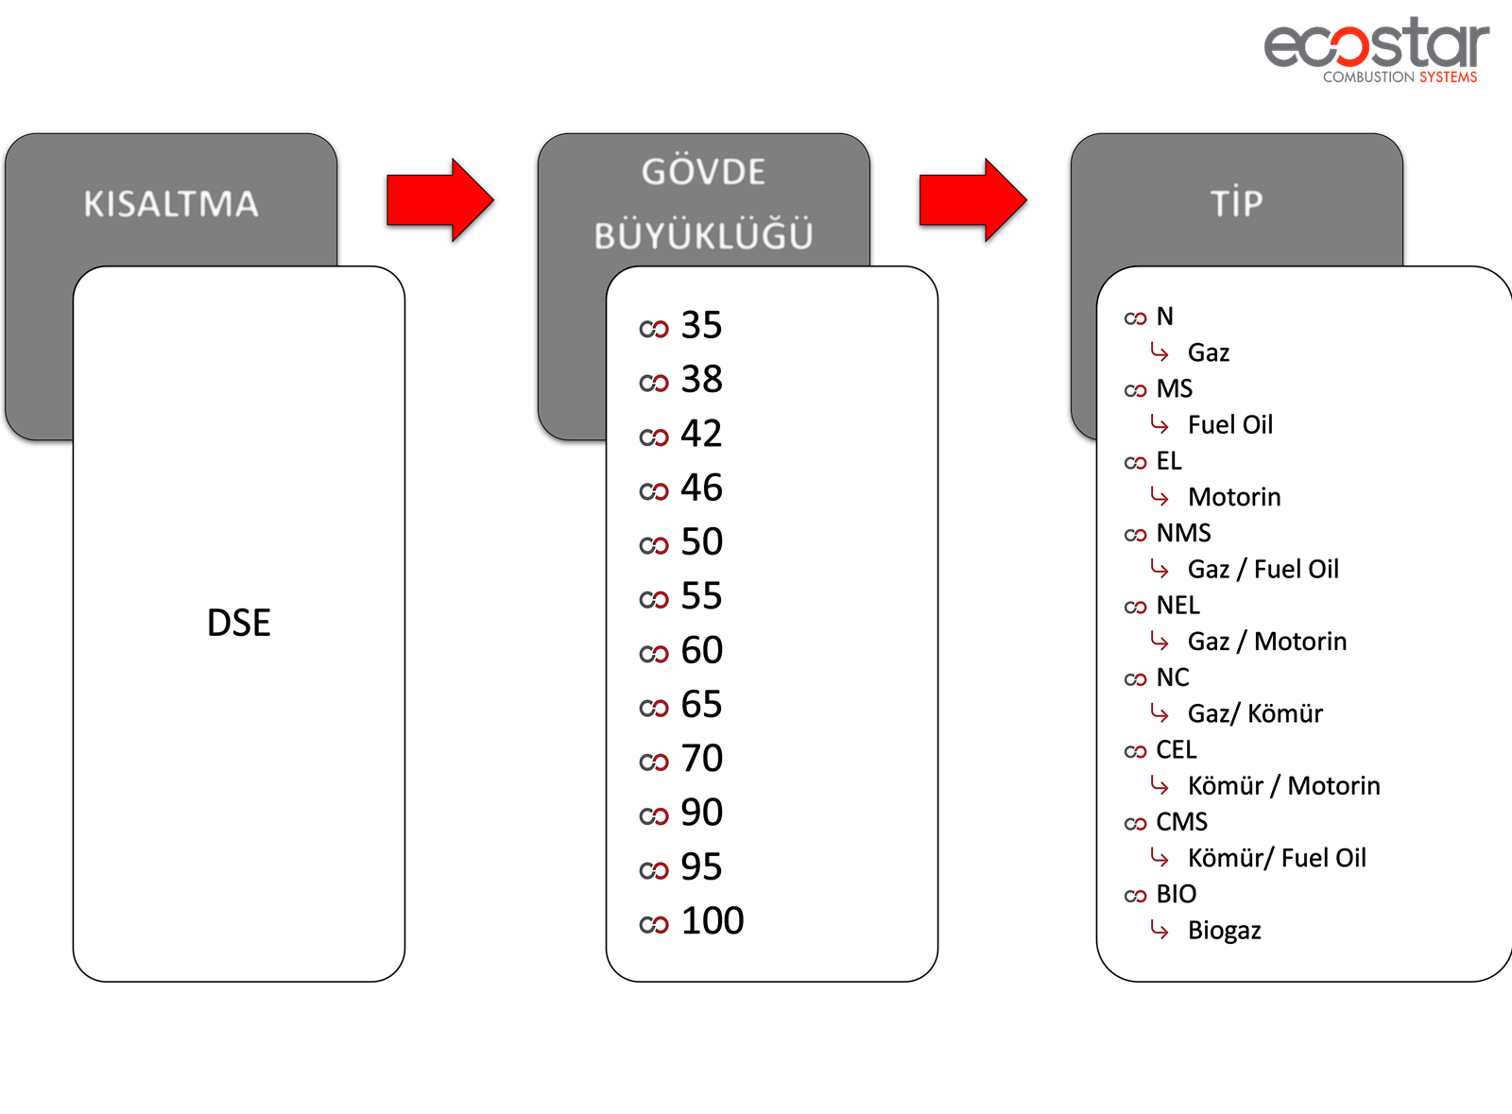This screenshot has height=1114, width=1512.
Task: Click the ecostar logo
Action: tap(1377, 51)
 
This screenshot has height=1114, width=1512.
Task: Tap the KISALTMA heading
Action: tap(171, 204)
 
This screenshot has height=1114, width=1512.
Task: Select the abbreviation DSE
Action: tap(239, 622)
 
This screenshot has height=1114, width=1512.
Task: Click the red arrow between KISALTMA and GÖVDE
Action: tap(440, 200)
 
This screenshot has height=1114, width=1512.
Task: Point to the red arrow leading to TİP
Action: tap(972, 200)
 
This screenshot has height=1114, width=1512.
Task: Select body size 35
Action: tap(701, 325)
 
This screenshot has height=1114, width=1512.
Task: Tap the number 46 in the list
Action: tap(701, 488)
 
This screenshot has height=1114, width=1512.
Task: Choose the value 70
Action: tap(702, 759)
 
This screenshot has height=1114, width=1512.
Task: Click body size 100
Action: tap(713, 921)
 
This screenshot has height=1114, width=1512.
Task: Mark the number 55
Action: tap(701, 596)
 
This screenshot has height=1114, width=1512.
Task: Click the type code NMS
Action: tap(1183, 533)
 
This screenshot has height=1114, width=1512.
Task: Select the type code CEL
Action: tap(1176, 749)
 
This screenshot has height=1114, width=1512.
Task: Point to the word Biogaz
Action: tap(1225, 931)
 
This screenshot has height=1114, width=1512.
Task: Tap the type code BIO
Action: tap(1176, 894)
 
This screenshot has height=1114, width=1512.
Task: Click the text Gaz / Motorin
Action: tap(1267, 642)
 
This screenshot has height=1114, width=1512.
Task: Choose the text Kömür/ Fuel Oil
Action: tap(1277, 858)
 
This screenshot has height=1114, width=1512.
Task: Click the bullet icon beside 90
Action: tap(653, 816)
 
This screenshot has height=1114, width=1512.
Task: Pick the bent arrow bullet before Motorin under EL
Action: tap(1159, 497)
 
